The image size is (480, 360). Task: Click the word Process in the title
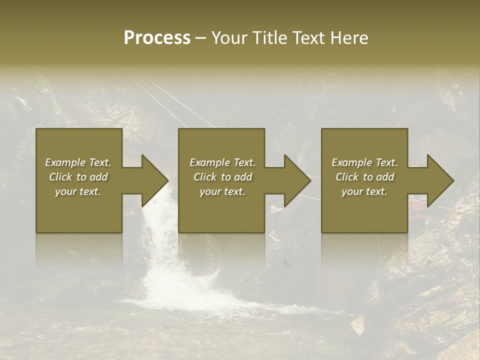pos(157,38)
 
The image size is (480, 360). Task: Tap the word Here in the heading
pos(349,38)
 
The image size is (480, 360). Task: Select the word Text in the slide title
pos(307,38)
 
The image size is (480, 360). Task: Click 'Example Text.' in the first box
pos(78,162)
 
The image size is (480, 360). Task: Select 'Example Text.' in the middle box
pos(222,162)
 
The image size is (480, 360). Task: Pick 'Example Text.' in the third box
pos(364,162)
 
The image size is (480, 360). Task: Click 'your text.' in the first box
pos(78,191)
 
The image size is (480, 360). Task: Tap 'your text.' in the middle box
pos(222,191)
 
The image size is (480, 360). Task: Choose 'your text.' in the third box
pos(364,191)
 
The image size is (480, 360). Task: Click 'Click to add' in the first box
pos(78,177)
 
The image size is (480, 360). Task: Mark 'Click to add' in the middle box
pos(222,177)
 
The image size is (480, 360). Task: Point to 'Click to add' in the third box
pos(364,177)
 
